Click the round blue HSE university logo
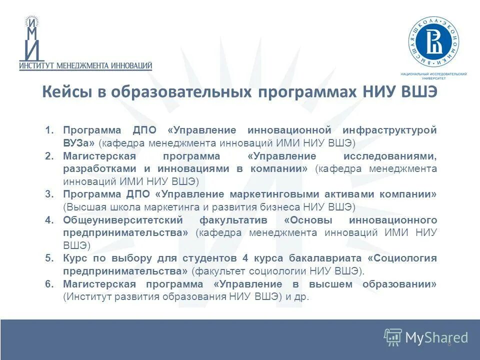[434, 42]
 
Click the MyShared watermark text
[436, 337]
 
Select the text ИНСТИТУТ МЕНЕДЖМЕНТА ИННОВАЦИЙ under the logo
[85, 65]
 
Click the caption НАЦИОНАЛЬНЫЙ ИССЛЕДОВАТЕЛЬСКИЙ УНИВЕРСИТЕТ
[434, 76]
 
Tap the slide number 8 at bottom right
[449, 343]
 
